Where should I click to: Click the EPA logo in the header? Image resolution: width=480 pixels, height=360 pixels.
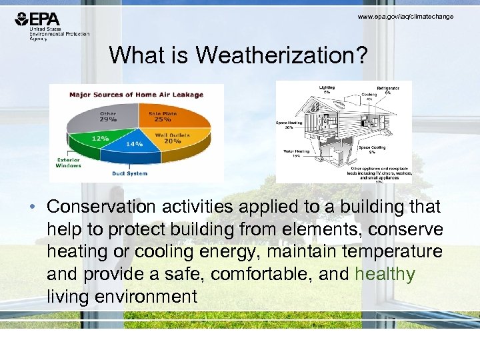click(40, 20)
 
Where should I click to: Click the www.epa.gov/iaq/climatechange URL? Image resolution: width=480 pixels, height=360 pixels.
click(405, 16)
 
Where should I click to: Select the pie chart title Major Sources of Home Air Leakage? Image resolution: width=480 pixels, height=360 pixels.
click(137, 95)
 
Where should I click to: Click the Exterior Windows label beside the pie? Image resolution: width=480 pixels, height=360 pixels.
click(69, 163)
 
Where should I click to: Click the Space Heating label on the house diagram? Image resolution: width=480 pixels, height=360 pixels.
click(289, 125)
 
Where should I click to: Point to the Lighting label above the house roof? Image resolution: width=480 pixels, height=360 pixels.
click(327, 88)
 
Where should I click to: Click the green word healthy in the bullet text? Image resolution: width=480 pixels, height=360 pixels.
click(385, 274)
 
